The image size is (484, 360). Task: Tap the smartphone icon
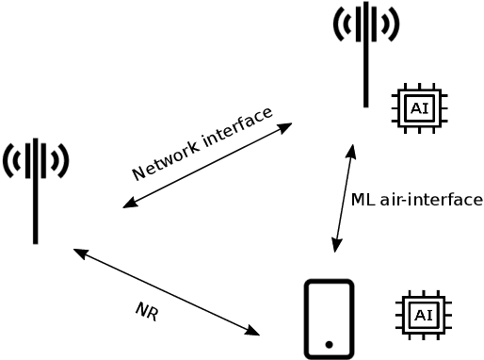point(329,319)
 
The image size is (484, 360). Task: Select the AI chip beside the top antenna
point(419,109)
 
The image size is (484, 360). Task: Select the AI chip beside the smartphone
point(423,315)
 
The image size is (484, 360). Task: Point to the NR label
point(146,311)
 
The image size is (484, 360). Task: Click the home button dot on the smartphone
point(329,345)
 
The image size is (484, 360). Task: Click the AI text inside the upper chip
point(419,109)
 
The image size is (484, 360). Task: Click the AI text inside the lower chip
point(423,315)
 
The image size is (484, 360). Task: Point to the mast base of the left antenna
point(36,240)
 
